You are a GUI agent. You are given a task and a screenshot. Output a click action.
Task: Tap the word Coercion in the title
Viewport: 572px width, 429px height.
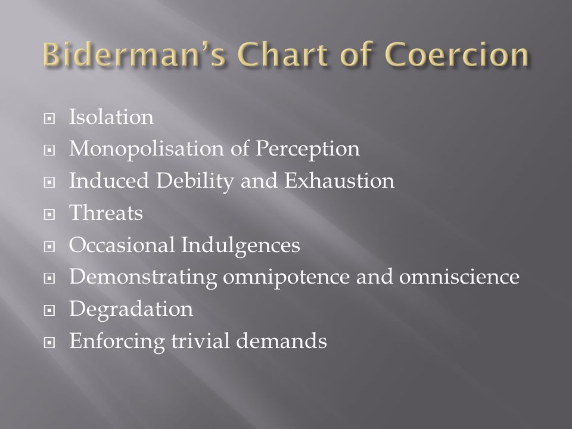pyautogui.click(x=457, y=54)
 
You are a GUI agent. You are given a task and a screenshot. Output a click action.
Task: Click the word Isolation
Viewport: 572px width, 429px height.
pyautogui.click(x=111, y=117)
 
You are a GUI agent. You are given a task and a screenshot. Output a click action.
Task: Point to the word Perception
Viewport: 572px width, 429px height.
pyautogui.click(x=307, y=149)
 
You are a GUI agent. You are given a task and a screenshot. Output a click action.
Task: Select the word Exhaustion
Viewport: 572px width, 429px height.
pyautogui.click(x=339, y=181)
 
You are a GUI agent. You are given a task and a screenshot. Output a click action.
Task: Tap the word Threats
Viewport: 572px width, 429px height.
pyautogui.click(x=106, y=213)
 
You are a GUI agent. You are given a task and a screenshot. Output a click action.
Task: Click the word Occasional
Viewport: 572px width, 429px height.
pyautogui.click(x=122, y=245)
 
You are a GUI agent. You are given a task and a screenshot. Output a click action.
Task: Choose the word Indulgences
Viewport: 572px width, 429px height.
pyautogui.click(x=240, y=245)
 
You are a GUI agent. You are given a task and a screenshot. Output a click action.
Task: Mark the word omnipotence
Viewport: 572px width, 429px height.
pyautogui.click(x=287, y=277)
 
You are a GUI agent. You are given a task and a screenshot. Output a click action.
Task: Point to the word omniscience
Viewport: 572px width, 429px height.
pyautogui.click(x=459, y=277)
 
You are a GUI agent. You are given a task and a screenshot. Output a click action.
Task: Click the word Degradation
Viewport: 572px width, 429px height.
pyautogui.click(x=131, y=309)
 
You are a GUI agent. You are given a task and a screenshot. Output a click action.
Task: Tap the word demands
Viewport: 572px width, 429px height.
pyautogui.click(x=281, y=341)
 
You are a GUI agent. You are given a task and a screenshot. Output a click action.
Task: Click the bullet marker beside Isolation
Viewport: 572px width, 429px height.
pyautogui.click(x=49, y=118)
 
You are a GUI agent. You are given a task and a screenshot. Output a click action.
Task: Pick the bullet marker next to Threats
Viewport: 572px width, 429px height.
pyautogui.click(x=49, y=214)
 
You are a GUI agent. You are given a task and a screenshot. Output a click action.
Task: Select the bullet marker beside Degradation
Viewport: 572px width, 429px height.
pyautogui.click(x=49, y=310)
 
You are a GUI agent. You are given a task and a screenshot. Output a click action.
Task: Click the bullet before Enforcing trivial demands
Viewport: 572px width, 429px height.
pyautogui.click(x=49, y=342)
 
